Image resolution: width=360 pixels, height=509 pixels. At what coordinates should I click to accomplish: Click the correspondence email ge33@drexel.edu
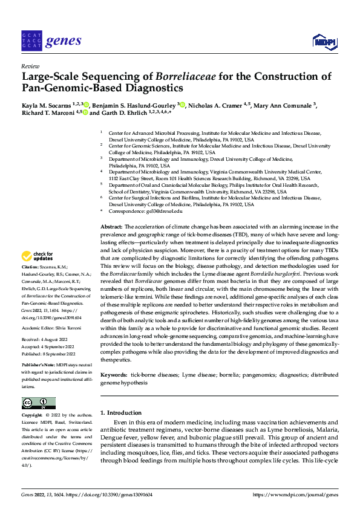tap(164, 212)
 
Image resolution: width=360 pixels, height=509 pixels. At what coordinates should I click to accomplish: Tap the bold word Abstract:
tap(111, 226)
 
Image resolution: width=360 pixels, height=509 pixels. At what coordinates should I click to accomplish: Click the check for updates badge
tap(38, 256)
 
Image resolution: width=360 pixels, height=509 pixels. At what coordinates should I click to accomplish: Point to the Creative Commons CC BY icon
tap(38, 403)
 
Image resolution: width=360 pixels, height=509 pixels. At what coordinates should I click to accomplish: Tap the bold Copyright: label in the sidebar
tap(32, 416)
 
